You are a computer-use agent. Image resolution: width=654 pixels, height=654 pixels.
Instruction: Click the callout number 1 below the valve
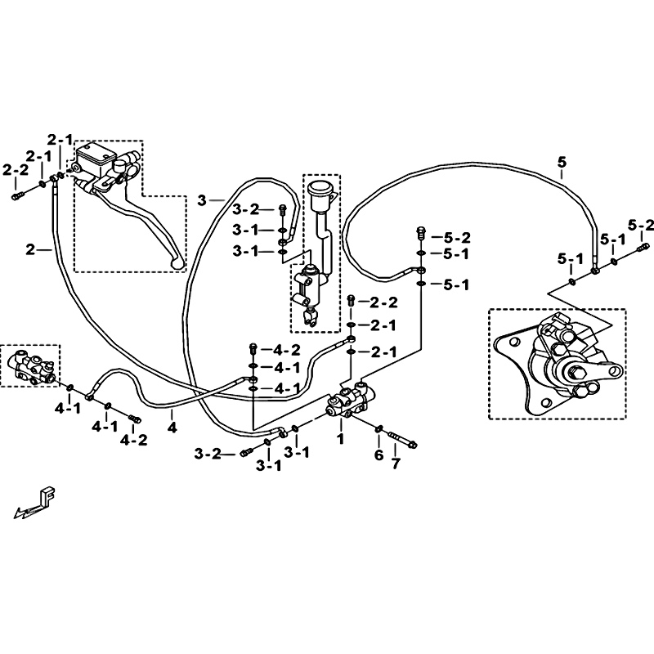click(x=341, y=438)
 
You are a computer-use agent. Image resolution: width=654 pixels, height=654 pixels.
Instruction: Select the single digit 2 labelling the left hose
click(x=30, y=250)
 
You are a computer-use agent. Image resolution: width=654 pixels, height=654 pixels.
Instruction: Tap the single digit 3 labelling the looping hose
click(x=202, y=200)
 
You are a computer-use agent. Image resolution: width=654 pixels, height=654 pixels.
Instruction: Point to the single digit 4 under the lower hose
click(x=172, y=428)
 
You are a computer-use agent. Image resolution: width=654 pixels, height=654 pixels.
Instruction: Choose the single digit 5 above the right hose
click(x=562, y=162)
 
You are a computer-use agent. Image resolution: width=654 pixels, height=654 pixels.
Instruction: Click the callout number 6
click(x=379, y=455)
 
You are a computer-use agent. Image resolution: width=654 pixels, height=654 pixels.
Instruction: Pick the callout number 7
click(x=396, y=463)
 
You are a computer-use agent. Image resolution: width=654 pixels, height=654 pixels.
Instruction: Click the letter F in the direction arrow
click(x=48, y=496)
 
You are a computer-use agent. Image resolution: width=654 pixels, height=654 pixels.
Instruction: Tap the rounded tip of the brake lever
click(x=177, y=263)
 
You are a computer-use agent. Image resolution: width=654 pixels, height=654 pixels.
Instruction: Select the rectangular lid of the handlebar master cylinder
click(x=96, y=152)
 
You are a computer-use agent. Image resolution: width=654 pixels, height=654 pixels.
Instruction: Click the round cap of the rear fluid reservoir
click(x=319, y=188)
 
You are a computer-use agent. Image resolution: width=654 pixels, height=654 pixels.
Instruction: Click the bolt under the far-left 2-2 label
click(x=18, y=195)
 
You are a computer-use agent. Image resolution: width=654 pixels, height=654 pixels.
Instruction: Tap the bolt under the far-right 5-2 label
click(x=643, y=248)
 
